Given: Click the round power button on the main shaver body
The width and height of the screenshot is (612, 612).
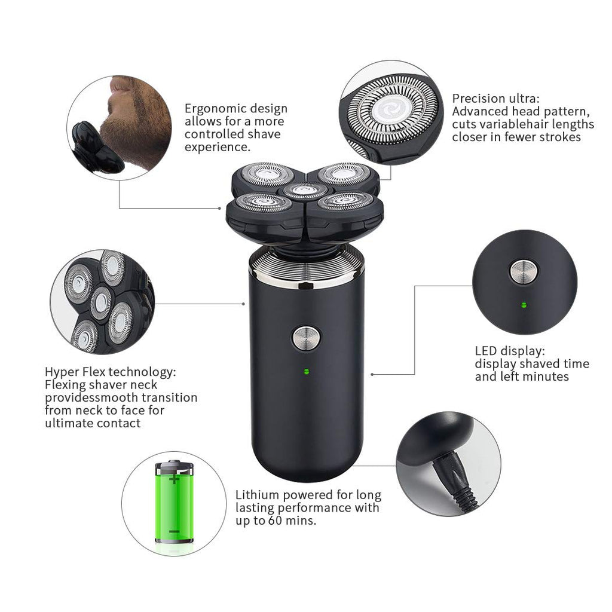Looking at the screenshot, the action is point(307,338).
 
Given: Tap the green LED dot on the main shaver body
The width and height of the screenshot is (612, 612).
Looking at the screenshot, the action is point(307,371).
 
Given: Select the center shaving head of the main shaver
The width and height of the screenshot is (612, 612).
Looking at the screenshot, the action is point(305,191).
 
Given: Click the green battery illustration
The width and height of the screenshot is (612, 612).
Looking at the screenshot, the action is point(174,502).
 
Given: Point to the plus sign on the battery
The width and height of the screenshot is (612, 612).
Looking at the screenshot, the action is point(174,478).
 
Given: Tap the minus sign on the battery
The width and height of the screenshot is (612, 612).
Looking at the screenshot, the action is point(174,531).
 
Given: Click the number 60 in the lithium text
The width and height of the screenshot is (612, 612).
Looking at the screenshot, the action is point(275,521).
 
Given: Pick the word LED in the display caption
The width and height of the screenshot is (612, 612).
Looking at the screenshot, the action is point(485,350).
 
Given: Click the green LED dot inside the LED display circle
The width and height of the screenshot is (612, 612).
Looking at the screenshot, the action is point(524,305).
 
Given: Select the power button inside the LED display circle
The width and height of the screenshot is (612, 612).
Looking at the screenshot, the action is point(524,272).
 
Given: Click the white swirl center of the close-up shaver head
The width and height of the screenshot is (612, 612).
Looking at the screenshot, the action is point(391,110).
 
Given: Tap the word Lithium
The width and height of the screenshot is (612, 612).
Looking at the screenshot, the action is point(257,494).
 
